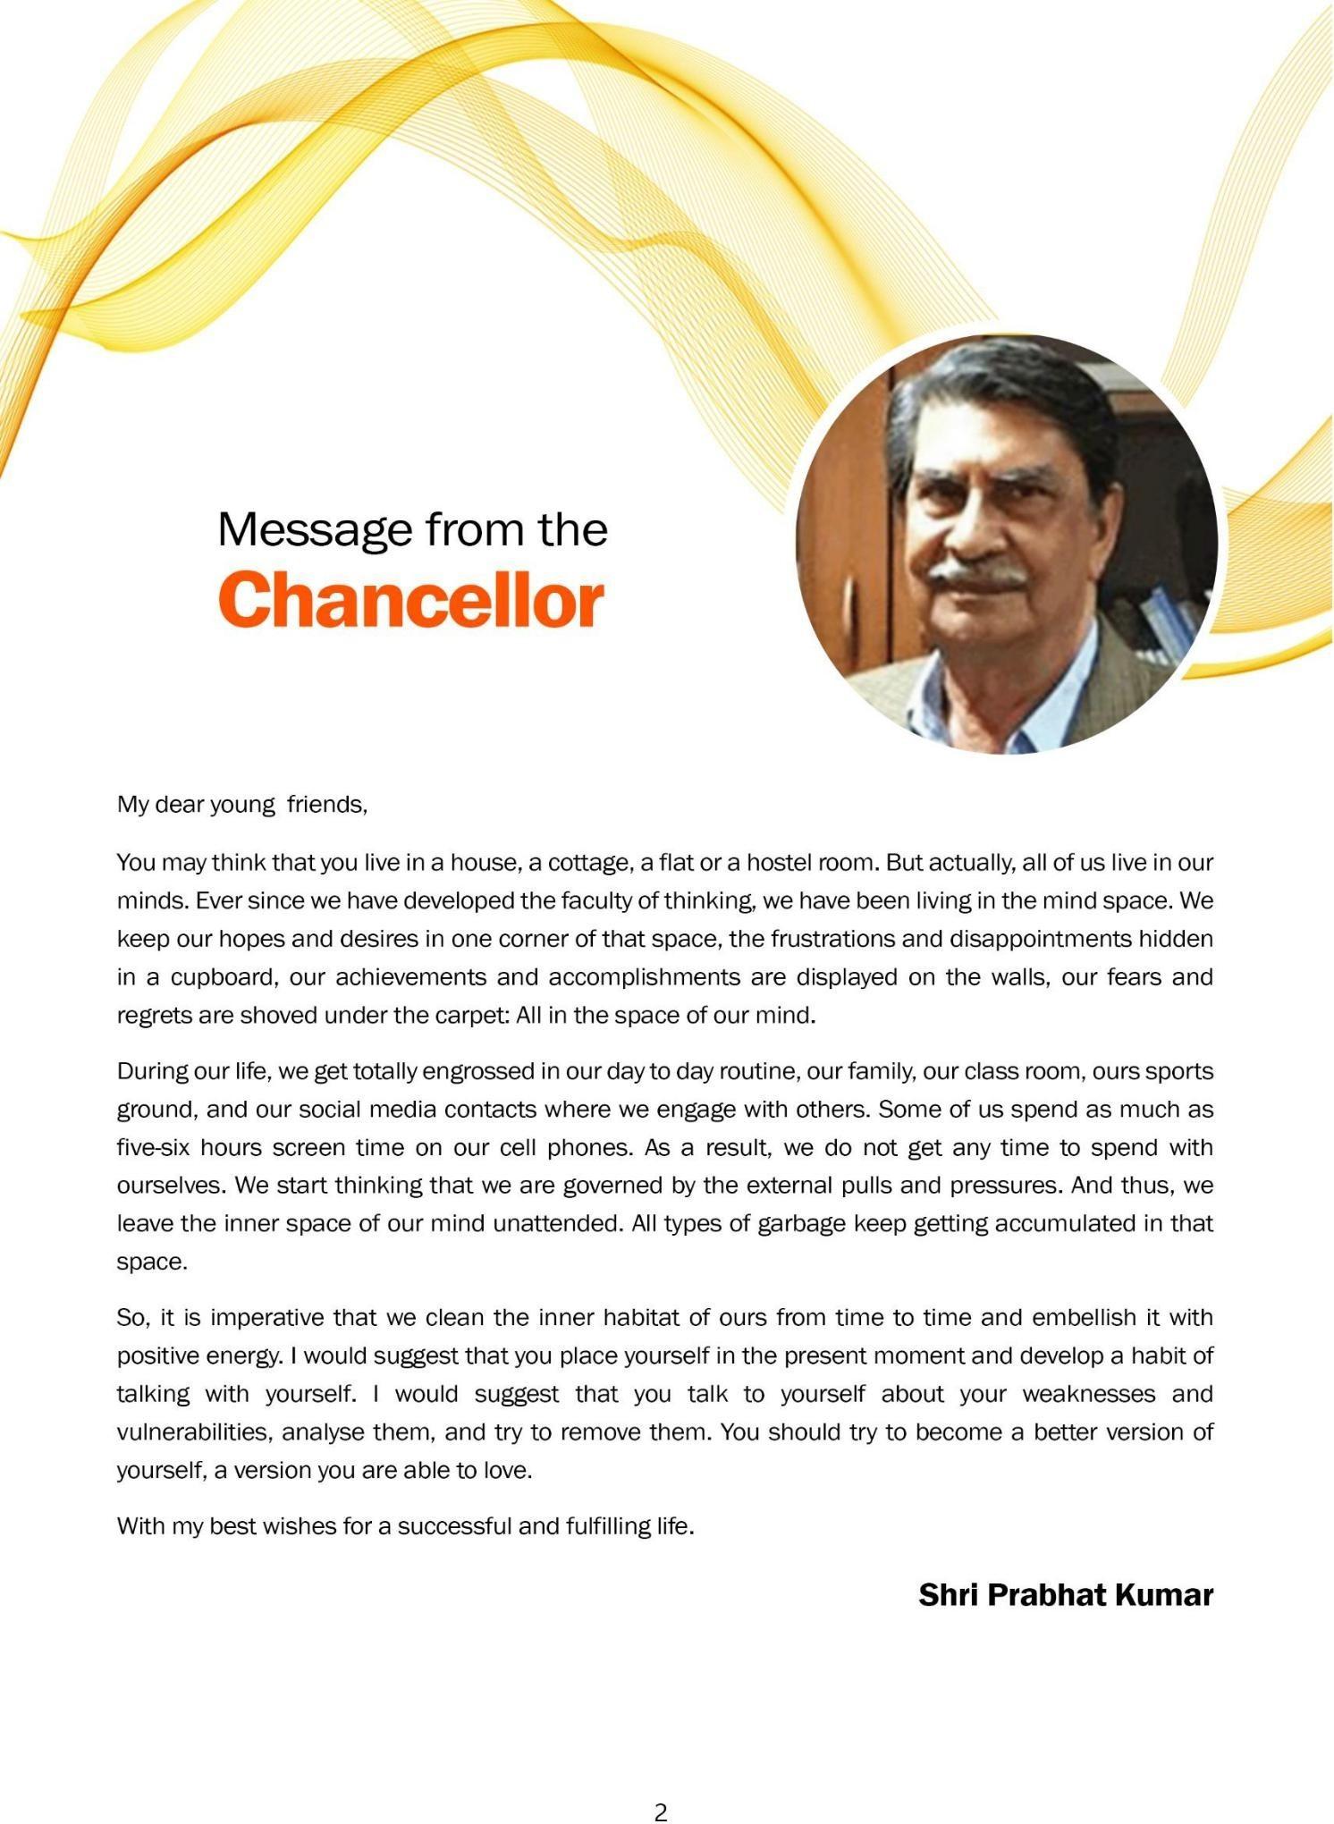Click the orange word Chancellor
click(411, 600)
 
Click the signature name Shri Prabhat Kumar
click(1065, 1594)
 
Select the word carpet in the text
click(475, 1016)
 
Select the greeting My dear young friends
click(241, 805)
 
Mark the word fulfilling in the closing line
click(608, 1526)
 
